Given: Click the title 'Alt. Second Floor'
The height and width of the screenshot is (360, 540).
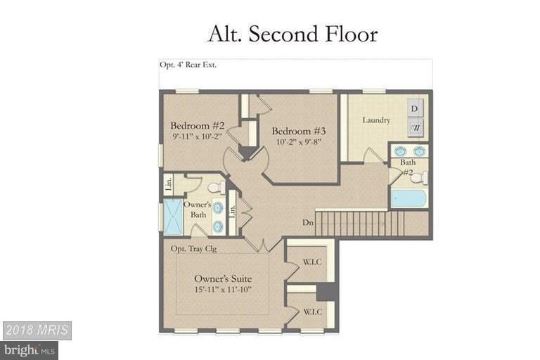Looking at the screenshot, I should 292,33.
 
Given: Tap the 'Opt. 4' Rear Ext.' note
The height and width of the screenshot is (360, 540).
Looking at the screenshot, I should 188,65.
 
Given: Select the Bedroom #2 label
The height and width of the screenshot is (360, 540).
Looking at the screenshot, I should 198,125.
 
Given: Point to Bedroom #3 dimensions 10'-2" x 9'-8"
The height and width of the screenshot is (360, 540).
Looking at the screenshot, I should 298,143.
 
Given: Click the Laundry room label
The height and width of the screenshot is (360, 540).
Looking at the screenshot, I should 376,120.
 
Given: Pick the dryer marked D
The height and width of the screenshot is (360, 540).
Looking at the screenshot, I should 415,108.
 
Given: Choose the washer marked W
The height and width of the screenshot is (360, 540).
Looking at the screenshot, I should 415,128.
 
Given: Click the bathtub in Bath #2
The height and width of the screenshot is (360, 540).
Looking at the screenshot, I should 408,198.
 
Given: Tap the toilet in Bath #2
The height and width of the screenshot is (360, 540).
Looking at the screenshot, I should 419,177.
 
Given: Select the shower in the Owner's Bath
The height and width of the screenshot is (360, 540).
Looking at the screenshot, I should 172,217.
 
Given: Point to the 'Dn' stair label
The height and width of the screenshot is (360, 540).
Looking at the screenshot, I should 307,223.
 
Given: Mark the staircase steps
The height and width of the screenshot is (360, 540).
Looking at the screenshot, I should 359,223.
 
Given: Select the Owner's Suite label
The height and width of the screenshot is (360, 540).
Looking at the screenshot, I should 222,278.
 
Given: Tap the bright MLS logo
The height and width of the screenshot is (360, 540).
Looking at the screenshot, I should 30,349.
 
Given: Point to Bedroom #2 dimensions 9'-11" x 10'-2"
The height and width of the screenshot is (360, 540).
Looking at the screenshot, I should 197,136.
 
